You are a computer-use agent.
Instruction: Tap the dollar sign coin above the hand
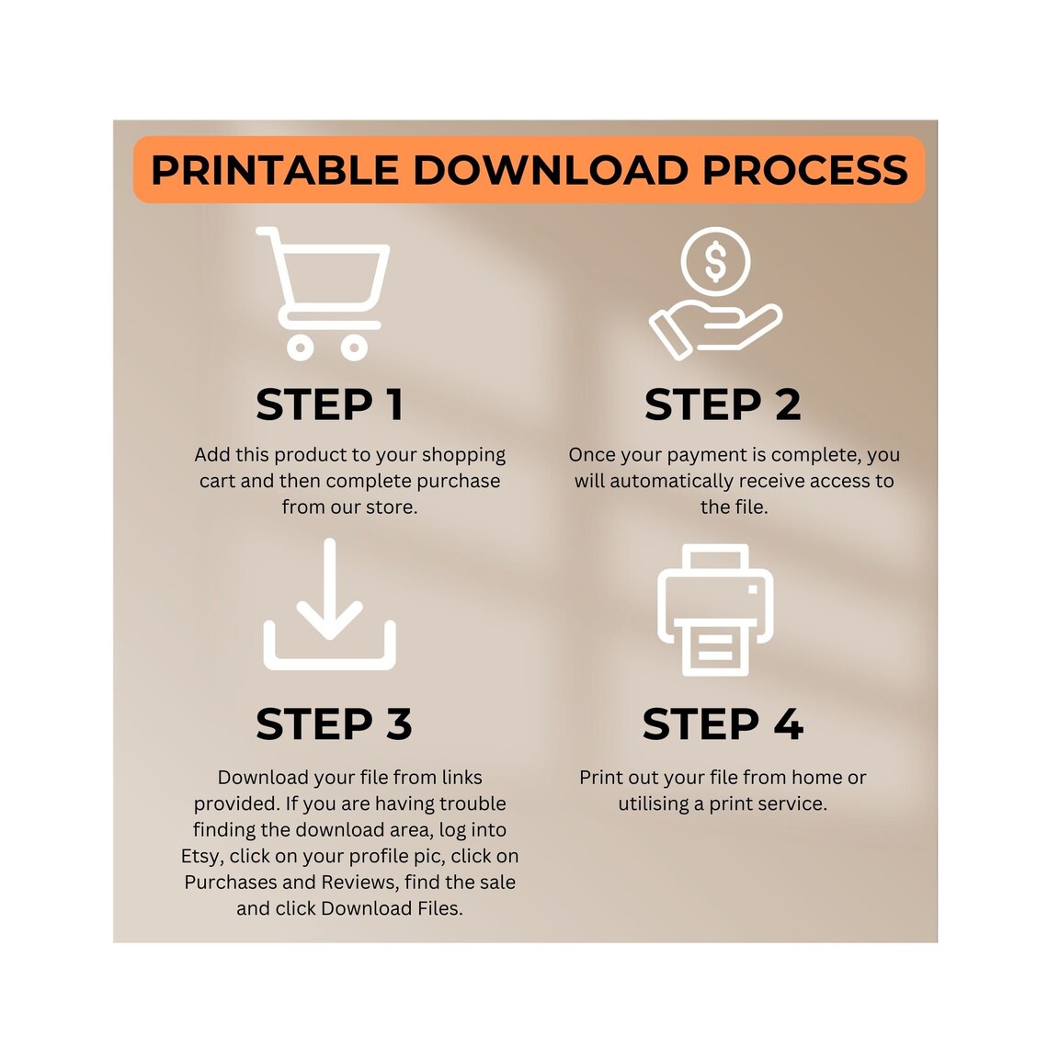(715, 261)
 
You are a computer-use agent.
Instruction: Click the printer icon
(715, 609)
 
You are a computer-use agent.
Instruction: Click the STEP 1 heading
(329, 404)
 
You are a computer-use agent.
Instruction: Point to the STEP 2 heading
(723, 404)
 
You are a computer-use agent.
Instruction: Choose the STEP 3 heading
(334, 723)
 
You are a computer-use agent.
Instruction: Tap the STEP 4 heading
(723, 723)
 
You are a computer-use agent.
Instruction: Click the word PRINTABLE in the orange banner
(275, 170)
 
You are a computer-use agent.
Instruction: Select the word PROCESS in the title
(804, 170)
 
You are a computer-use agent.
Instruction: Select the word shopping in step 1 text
(464, 456)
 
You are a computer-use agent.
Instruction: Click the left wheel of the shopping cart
(300, 347)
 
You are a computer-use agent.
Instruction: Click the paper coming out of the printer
(715, 647)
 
